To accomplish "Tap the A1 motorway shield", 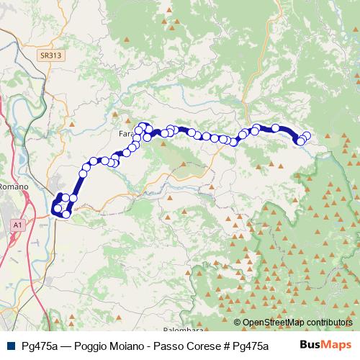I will point(17,225).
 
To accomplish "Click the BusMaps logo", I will point(325,345).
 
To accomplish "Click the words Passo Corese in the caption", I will point(181,346).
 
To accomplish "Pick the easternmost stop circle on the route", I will point(307,135).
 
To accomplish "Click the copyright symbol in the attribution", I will point(238,322).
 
